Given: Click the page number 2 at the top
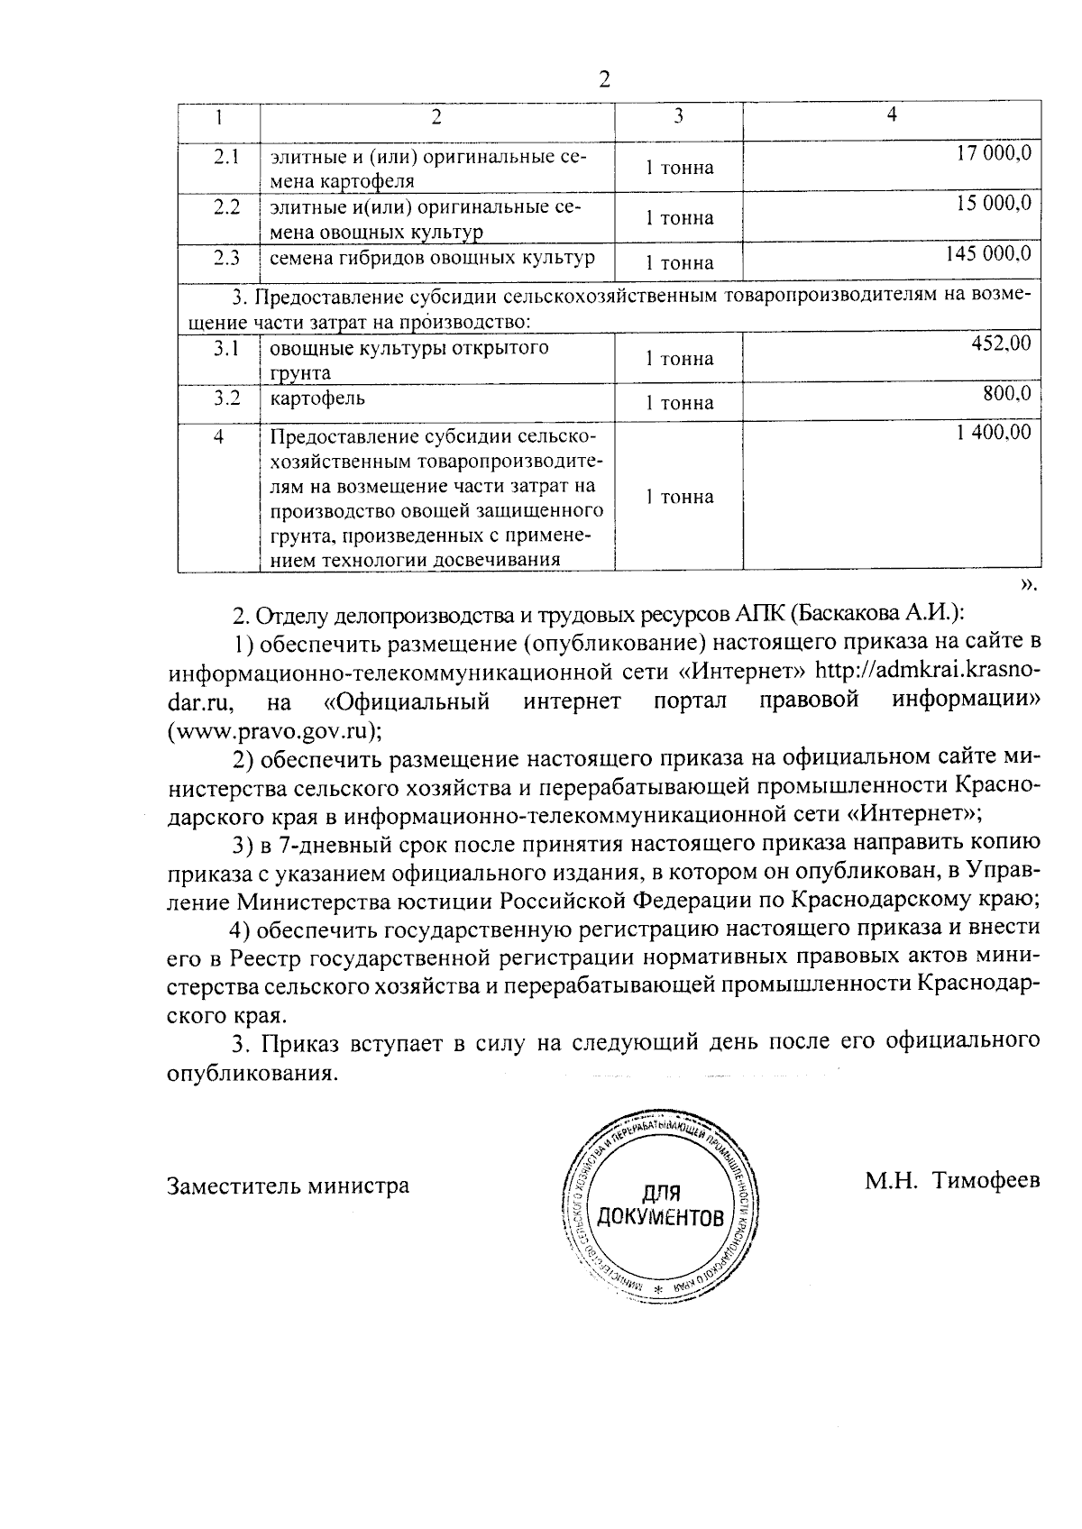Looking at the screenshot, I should coord(605,80).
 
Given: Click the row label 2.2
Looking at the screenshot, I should coord(226,206).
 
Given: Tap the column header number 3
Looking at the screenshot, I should coord(678,115).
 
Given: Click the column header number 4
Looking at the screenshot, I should coord(891,114).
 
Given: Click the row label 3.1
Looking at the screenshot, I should coord(225,347).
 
